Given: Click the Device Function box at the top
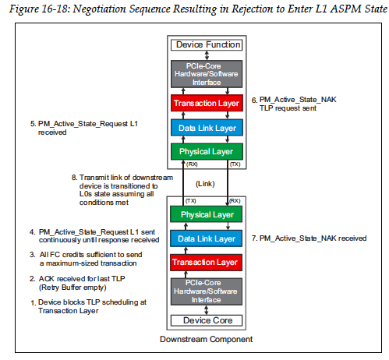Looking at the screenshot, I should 207,45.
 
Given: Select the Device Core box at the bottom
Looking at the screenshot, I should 207,319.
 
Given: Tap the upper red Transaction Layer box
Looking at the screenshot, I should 207,101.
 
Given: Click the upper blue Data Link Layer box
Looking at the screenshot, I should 207,127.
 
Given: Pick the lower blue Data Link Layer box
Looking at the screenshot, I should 207,239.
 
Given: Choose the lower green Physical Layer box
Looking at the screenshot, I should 207,214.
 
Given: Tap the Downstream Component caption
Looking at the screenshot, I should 207,341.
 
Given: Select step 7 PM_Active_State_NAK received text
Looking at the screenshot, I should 313,237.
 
